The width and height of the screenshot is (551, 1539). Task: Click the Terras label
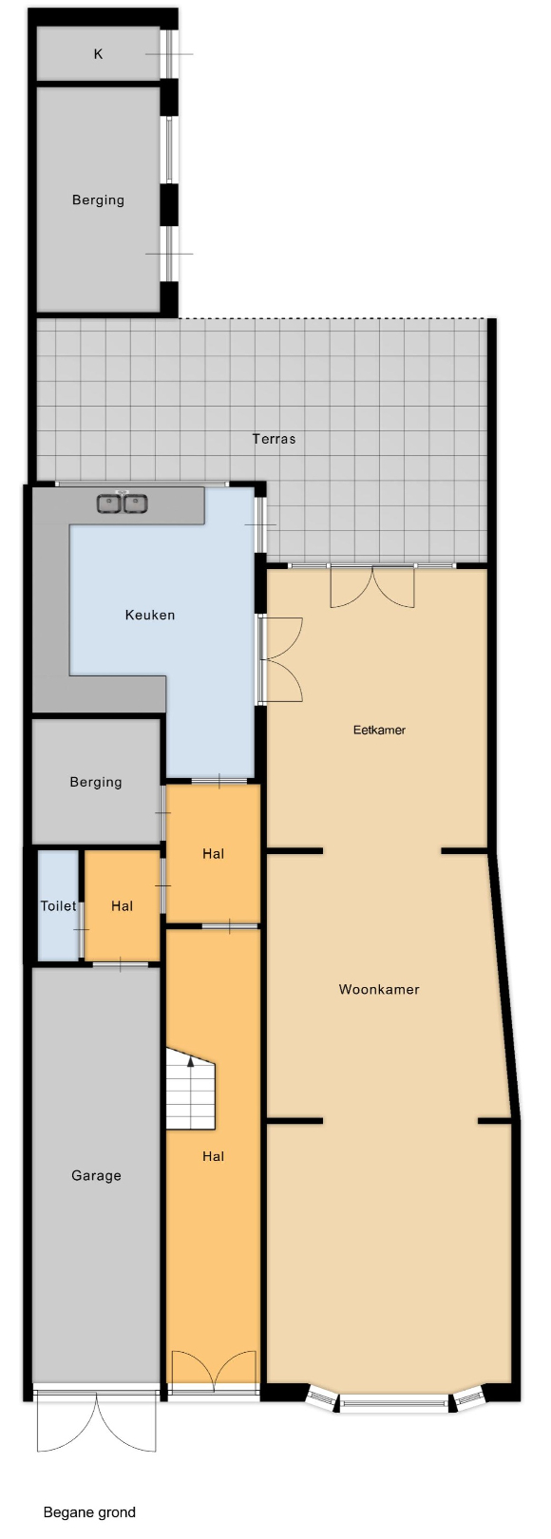pos(275,438)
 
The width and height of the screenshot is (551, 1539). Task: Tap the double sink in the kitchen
pos(123,503)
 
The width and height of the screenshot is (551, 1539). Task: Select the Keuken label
pos(150,615)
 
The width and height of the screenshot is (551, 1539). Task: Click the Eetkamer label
pos(379,730)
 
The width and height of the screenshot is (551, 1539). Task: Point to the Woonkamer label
pos(379,989)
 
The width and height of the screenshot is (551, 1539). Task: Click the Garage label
pos(96,1175)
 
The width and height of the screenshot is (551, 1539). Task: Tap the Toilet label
pos(58,905)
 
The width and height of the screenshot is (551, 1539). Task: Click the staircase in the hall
pos(190,1089)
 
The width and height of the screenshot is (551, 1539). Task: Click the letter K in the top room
pos(98,54)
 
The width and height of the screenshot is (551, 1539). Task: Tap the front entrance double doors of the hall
pos(214,1367)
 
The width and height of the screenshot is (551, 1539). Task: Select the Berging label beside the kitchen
pos(96,782)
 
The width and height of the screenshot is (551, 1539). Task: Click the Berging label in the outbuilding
pos(98,199)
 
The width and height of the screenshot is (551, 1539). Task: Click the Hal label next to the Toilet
pos(122,905)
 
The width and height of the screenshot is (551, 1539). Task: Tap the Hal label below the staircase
pos(213,1156)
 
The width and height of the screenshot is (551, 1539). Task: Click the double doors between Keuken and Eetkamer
pos(282,659)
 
